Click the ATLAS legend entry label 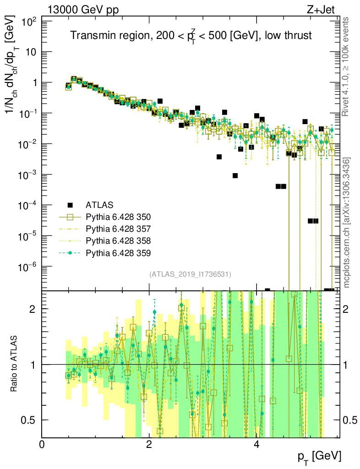pos(99,205)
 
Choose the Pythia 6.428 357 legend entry pos(118,229)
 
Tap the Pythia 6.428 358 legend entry pos(118,240)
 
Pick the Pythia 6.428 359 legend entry pos(118,252)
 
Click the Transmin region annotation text pos(191,36)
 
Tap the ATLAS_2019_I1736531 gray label pos(190,274)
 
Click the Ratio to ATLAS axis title pos(15,364)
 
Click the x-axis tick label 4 pos(256,445)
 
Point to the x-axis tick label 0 pos(42,445)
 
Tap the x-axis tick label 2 pos(149,445)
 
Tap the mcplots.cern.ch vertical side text pos(347,223)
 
